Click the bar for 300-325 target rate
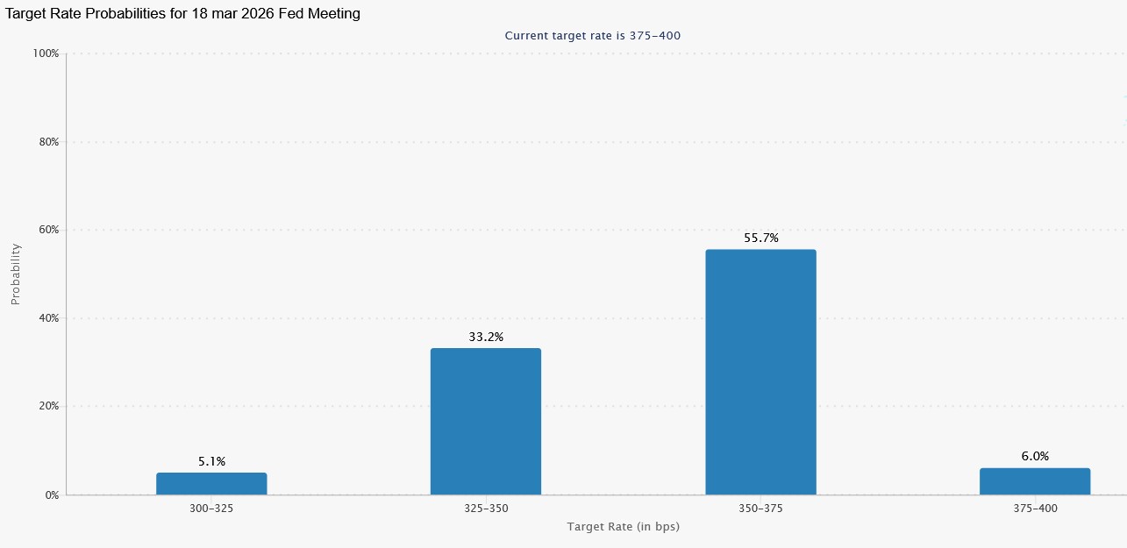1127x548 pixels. [211, 484]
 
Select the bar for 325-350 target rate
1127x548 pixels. [486, 422]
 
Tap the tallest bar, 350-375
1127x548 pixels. [760, 372]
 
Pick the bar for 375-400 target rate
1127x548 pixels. [1035, 481]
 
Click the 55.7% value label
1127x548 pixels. [760, 238]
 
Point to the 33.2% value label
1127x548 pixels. [486, 337]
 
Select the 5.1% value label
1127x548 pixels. [211, 461]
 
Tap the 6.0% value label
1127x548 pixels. [1035, 456]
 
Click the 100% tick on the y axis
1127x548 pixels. [46, 53]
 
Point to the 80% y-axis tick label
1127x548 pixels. [48, 142]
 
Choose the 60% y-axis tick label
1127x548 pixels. [48, 230]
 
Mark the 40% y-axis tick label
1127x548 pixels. [48, 318]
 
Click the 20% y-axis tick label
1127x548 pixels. [48, 406]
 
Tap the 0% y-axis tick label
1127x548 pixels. [51, 495]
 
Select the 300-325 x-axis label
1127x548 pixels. [211, 509]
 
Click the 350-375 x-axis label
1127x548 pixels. [760, 509]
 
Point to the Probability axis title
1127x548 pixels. [15, 274]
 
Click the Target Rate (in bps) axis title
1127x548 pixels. [623, 527]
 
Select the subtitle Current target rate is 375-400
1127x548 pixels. [593, 36]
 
